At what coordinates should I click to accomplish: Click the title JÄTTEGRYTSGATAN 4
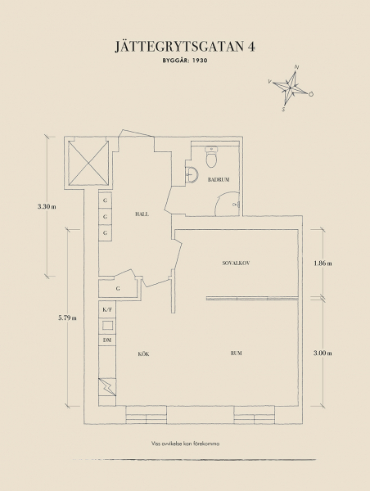coord(185,46)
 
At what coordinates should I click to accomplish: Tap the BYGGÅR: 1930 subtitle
coord(185,61)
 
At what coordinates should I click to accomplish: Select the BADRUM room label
coord(219,180)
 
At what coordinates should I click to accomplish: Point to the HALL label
coord(142,214)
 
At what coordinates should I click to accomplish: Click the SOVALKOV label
coord(236,264)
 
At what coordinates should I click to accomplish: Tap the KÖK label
coord(143,354)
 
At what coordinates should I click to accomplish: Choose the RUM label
coord(237,354)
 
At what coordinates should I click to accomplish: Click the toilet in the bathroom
coord(212,156)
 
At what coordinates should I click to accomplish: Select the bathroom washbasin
coord(192,174)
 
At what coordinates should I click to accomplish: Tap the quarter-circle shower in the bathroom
coord(228,204)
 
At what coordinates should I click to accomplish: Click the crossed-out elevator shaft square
coord(88,163)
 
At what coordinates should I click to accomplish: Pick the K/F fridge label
coord(107,309)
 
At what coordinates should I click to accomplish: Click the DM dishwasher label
coord(107,340)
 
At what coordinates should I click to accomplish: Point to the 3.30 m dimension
coord(47,206)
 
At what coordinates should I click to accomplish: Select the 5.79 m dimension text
coord(67,318)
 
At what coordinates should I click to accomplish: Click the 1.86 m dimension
coord(323,264)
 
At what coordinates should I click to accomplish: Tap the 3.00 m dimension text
coord(323,354)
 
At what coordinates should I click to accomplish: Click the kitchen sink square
coord(107,325)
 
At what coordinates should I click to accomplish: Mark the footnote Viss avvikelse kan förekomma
coord(185,444)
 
